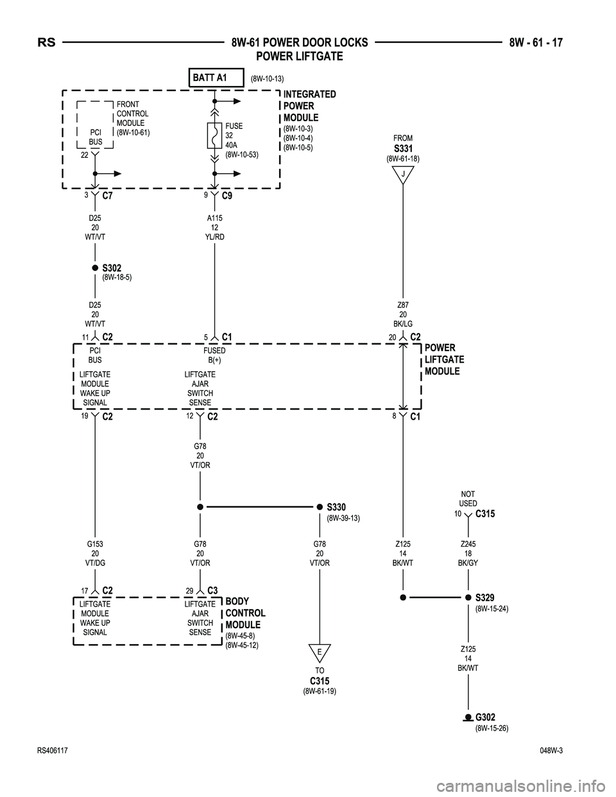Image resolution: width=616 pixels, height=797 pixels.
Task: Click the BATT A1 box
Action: pyautogui.click(x=216, y=78)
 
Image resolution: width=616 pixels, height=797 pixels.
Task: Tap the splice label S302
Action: pyautogui.click(x=112, y=268)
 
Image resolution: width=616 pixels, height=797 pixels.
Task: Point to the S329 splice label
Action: pyautogui.click(x=484, y=598)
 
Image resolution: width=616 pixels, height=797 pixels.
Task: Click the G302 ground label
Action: pyautogui.click(x=485, y=717)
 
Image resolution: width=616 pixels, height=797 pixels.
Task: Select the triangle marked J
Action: pyautogui.click(x=402, y=174)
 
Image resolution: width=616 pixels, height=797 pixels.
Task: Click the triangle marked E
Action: pyautogui.click(x=319, y=651)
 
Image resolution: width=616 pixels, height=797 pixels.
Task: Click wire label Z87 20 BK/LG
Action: pyautogui.click(x=403, y=314)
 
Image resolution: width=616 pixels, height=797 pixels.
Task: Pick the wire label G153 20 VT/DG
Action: pyautogui.click(x=95, y=553)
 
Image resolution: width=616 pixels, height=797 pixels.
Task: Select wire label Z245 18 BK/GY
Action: pyautogui.click(x=468, y=553)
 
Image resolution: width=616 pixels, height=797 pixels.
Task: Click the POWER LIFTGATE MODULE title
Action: pyautogui.click(x=444, y=359)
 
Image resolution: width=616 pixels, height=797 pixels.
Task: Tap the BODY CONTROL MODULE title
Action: pyautogui.click(x=245, y=613)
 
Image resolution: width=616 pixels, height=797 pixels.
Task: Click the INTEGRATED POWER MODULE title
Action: pyautogui.click(x=309, y=106)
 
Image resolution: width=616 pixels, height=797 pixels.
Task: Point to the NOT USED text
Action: pyautogui.click(x=468, y=499)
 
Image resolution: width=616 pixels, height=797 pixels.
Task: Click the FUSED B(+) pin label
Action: pyautogui.click(x=214, y=356)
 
